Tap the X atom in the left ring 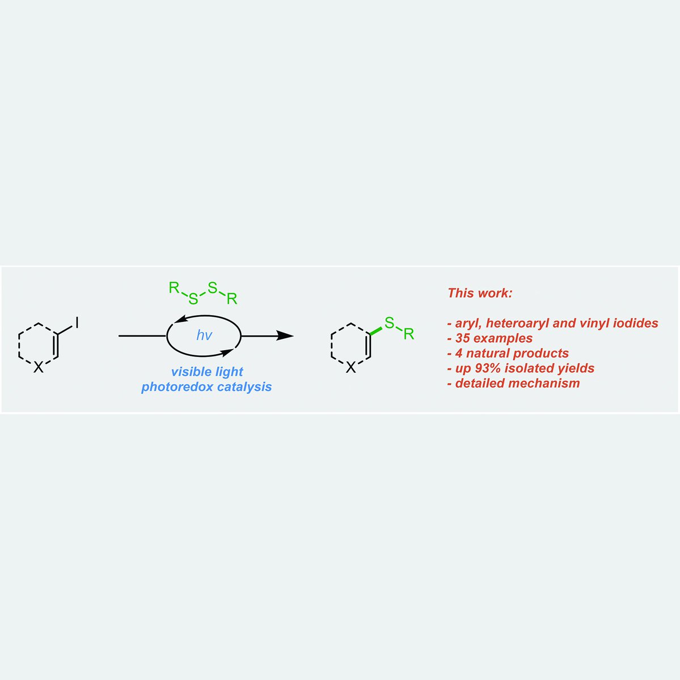click(38, 368)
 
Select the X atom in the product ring click(351, 368)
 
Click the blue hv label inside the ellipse click(204, 335)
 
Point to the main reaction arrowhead click(285, 336)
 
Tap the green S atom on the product click(389, 323)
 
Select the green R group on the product click(409, 334)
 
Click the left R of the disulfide click(174, 288)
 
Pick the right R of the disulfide click(232, 299)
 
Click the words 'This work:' click(480, 293)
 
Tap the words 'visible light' click(207, 372)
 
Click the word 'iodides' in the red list click(636, 323)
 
